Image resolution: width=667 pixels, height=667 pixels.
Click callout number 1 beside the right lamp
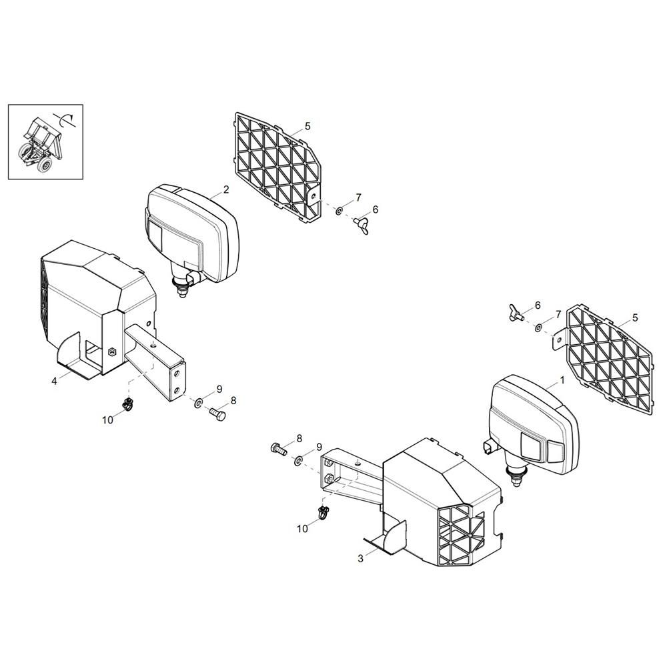click(x=562, y=380)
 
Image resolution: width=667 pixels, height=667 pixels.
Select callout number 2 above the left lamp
click(x=226, y=189)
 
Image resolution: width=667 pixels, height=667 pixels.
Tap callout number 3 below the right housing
click(x=361, y=558)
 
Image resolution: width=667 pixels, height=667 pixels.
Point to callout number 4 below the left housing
click(x=54, y=381)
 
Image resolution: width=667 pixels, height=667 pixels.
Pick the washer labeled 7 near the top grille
click(x=339, y=211)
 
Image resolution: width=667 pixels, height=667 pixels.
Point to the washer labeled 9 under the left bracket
click(x=199, y=403)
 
